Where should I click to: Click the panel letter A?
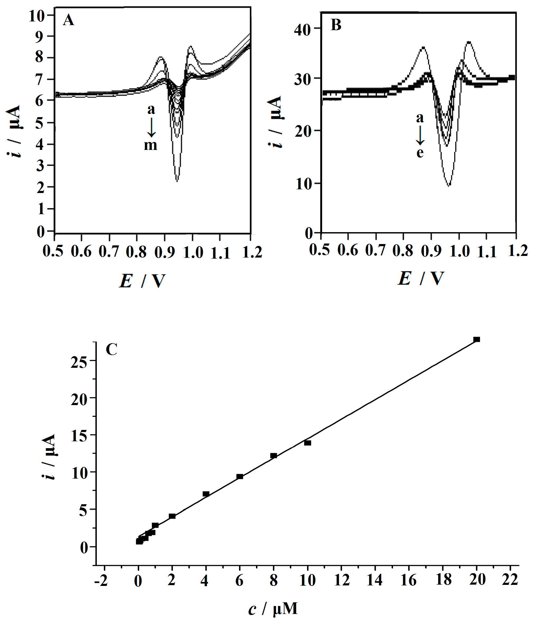68,20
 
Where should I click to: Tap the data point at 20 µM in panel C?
477,339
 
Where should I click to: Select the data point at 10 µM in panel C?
308,443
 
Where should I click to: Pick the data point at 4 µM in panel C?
206,494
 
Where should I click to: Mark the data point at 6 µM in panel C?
240,476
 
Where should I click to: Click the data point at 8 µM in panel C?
273,456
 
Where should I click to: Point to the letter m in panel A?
150,145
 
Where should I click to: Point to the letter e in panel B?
420,153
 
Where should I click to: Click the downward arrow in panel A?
151,127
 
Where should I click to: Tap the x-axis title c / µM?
273,609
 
